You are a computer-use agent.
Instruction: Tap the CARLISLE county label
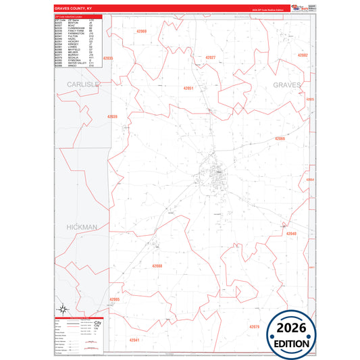(82, 84)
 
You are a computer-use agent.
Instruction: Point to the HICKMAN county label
(82, 228)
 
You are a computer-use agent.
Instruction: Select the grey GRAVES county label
(290, 84)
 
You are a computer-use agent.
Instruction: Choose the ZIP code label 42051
(188, 88)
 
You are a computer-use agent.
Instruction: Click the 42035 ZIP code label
(108, 59)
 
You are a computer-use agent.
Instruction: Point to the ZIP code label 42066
(280, 138)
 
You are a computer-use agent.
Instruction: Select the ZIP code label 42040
(291, 234)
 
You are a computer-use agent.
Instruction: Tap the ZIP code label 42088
(157, 266)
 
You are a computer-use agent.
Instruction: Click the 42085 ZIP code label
(114, 299)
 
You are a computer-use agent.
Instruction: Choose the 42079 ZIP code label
(254, 327)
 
